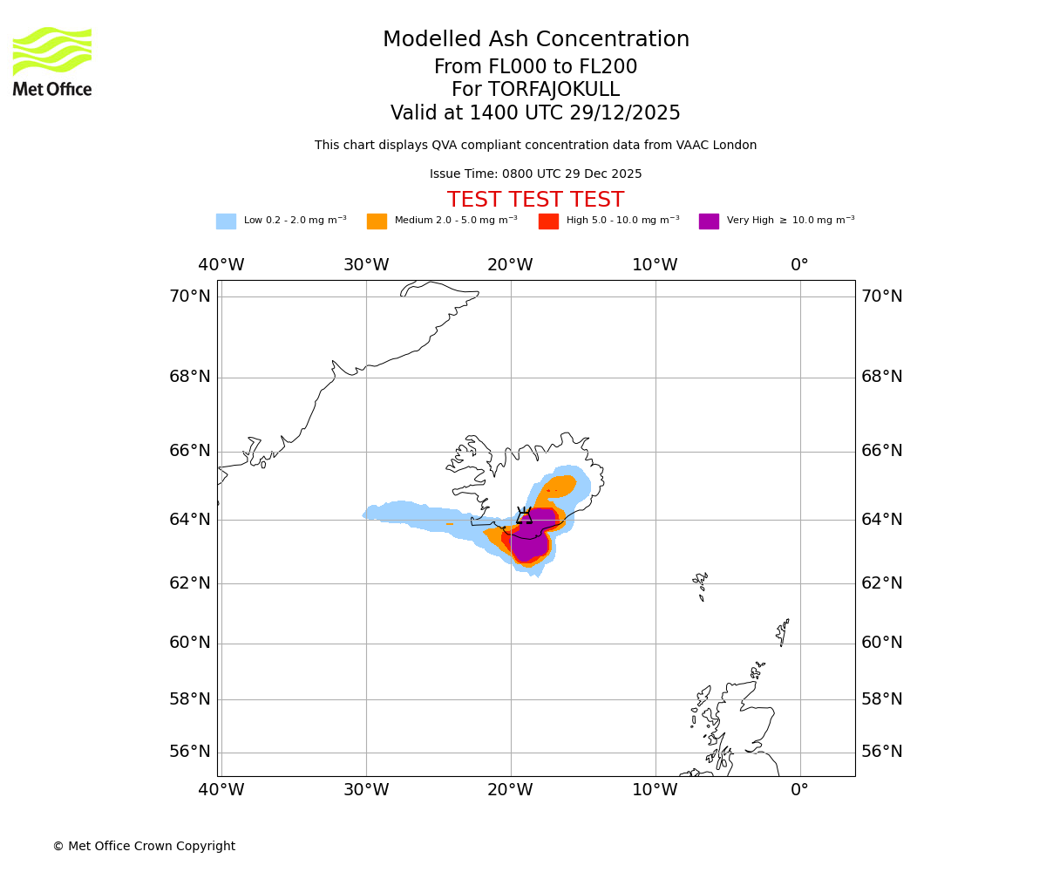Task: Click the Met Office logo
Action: (x=52, y=61)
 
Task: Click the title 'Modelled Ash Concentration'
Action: (x=535, y=40)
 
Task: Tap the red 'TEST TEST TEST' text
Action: (x=535, y=200)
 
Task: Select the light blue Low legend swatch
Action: (x=226, y=221)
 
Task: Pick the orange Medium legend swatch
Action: (x=377, y=221)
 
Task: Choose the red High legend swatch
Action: (x=548, y=221)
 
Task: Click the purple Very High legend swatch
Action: (x=709, y=221)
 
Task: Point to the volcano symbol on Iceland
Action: (x=524, y=515)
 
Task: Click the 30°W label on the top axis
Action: (x=365, y=265)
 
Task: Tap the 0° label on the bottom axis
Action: (x=799, y=790)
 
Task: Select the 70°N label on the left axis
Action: (x=190, y=296)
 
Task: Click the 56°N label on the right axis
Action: (x=882, y=752)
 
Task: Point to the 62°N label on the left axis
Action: (x=190, y=583)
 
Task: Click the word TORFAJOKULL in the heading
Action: (x=554, y=90)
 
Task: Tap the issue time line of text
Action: (x=535, y=174)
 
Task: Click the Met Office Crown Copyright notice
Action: (x=144, y=846)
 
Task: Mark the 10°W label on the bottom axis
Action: (x=655, y=790)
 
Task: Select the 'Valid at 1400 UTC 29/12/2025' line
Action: (x=535, y=113)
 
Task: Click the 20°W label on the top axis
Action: (x=510, y=265)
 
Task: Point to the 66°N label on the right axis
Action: (x=882, y=451)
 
